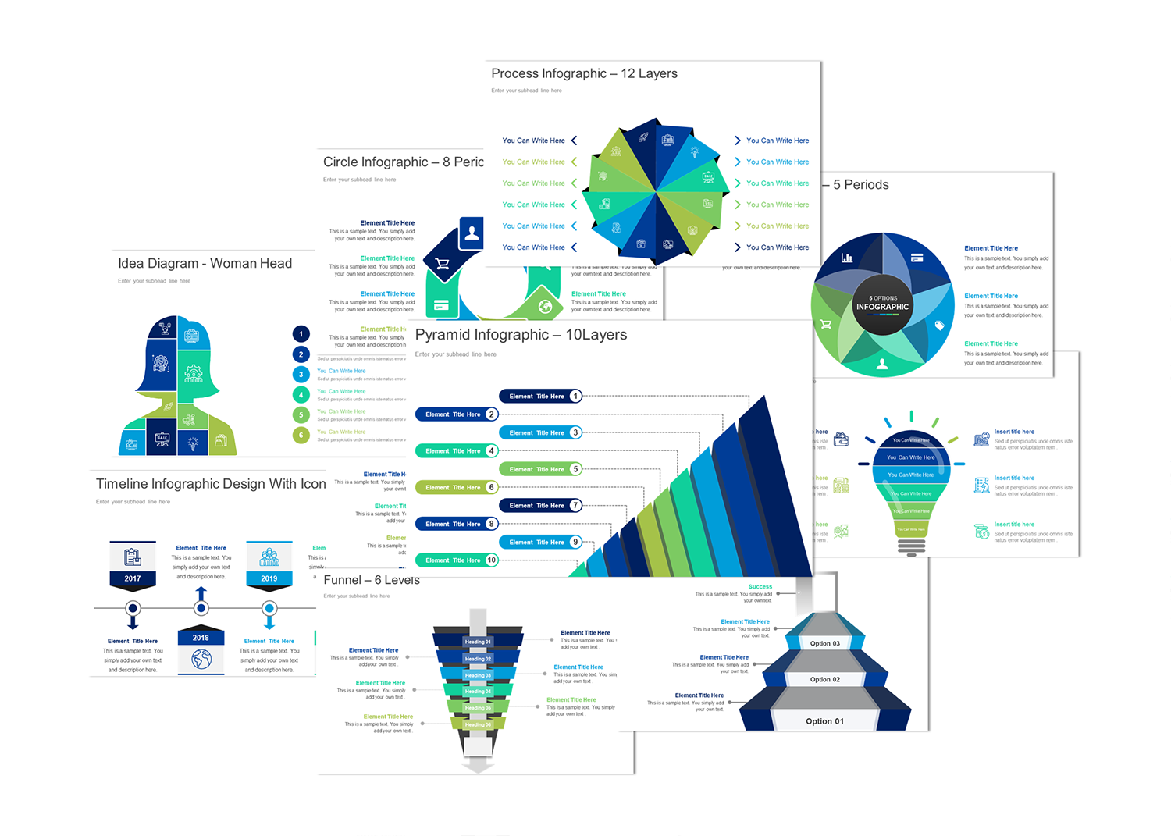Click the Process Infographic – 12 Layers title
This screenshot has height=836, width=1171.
(x=584, y=73)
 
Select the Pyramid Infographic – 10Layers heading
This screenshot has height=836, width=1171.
(x=521, y=335)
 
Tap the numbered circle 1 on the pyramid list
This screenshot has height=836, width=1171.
(x=575, y=397)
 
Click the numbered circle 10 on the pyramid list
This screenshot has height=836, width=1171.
(x=491, y=560)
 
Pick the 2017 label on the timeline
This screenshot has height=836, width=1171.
(x=133, y=578)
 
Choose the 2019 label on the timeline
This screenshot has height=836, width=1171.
(x=269, y=578)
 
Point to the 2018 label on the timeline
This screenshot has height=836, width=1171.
(x=201, y=638)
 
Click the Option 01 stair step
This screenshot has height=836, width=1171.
(x=824, y=721)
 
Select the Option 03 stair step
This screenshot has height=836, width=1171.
(x=825, y=643)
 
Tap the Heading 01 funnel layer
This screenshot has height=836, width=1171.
(x=478, y=642)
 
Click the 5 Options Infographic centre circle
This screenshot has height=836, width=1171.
(x=882, y=304)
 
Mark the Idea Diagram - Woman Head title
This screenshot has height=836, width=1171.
(x=205, y=264)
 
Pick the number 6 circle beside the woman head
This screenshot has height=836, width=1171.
(x=301, y=435)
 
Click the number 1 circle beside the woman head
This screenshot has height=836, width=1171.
(x=301, y=334)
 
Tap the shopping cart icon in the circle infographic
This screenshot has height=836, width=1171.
(x=443, y=264)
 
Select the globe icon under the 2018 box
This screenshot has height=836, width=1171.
(x=201, y=660)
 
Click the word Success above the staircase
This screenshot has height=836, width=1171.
(x=760, y=586)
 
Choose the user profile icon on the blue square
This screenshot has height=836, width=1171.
(x=472, y=232)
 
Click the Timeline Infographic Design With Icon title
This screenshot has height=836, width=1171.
(x=211, y=484)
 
